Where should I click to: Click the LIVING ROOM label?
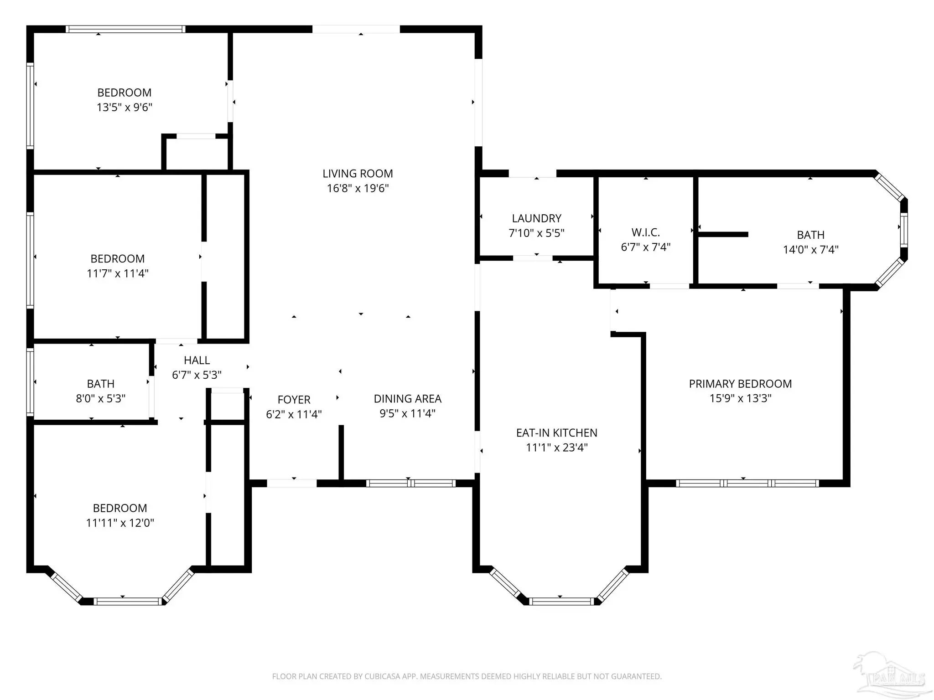coord(358,174)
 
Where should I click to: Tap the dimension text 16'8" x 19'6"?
coord(358,188)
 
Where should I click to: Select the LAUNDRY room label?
coord(536,218)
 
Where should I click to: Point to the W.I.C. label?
coord(646,232)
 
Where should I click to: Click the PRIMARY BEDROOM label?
coord(740,384)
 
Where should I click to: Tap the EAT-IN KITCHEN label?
coord(556,432)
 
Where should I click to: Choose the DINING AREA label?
coord(407,399)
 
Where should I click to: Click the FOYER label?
coord(294,400)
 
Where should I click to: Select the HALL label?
coord(197,360)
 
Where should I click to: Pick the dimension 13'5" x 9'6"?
coord(125,107)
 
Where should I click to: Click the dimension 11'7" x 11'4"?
coord(118,273)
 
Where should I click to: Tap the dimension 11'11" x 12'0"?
coord(120,523)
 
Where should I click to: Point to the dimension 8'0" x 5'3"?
coord(100,398)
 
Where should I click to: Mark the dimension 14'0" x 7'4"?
coord(810,249)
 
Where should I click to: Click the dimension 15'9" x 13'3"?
coord(740,398)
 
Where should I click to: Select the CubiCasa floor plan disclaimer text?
coord(467,676)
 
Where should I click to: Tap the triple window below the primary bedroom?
coord(747,483)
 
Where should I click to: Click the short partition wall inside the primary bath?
coord(723,234)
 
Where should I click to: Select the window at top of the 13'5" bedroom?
coord(125,29)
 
